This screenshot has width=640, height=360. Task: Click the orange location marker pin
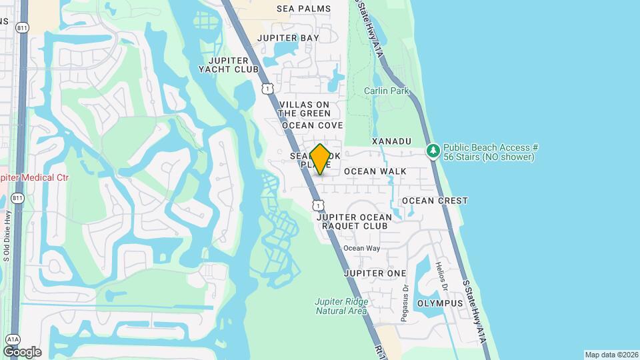point(320,159)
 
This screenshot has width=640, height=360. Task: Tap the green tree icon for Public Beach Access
point(434,151)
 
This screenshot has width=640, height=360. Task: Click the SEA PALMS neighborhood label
point(304,9)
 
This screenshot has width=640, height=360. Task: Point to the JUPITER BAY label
point(288,38)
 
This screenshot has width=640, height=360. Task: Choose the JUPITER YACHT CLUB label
point(229,64)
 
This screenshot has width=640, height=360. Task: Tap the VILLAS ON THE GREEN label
point(305,109)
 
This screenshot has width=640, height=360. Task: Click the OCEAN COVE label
point(312,125)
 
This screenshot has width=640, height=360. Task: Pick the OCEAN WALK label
point(375,171)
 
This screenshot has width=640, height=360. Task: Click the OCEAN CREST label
point(435,201)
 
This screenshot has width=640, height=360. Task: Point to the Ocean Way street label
point(361,249)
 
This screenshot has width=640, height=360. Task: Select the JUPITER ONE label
point(375,274)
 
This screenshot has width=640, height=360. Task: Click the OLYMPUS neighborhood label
point(440,303)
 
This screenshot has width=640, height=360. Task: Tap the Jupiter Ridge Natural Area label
point(341,306)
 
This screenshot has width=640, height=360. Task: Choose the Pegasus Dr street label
point(405,303)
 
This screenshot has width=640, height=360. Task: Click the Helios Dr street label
point(441,275)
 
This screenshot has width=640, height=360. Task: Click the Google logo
point(22,352)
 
